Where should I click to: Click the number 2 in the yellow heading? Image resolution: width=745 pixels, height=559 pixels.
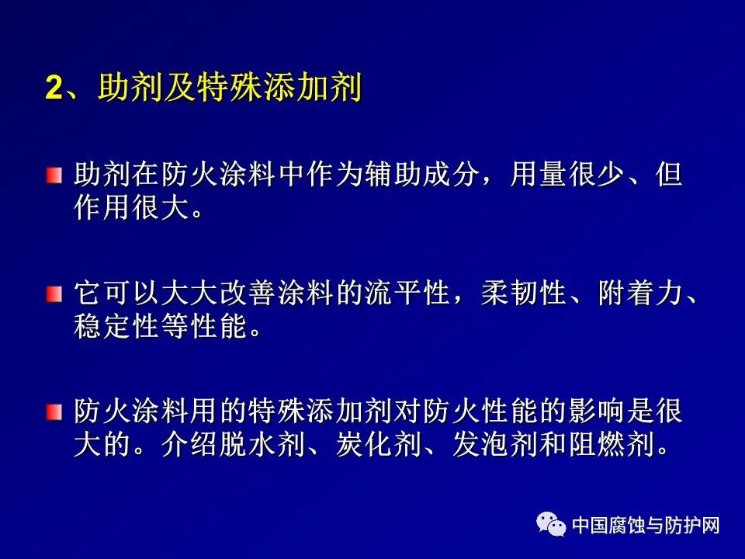(x=54, y=88)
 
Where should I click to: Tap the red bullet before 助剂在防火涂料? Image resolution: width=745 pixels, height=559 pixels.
(x=54, y=175)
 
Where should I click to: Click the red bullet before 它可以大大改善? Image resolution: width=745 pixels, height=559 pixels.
(x=54, y=293)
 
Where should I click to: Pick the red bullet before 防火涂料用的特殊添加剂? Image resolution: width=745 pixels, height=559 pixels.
(x=54, y=412)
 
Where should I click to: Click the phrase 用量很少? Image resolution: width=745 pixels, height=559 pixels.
(x=567, y=174)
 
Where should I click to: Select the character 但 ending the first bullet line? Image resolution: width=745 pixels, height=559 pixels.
(x=668, y=174)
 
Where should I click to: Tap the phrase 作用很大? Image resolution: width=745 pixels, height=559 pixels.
(x=131, y=208)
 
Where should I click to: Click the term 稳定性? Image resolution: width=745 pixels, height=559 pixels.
(x=116, y=326)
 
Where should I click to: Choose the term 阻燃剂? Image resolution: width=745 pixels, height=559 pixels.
(x=611, y=444)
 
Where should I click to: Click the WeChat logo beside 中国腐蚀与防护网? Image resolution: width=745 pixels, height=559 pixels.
(x=551, y=524)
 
